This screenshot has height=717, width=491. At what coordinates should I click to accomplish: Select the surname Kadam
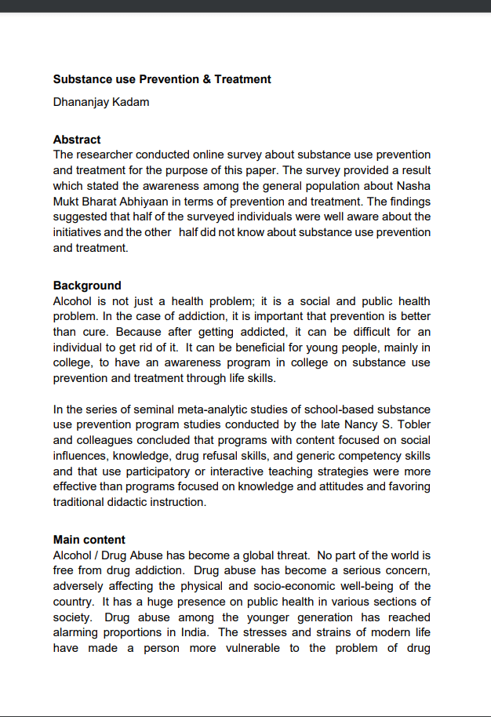click(x=131, y=102)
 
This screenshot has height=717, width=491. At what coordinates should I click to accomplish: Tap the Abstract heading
click(x=77, y=140)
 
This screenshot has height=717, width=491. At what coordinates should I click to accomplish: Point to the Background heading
click(x=87, y=286)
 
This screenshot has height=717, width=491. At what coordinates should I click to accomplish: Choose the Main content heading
click(x=89, y=540)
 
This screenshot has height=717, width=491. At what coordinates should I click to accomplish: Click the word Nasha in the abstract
click(x=413, y=186)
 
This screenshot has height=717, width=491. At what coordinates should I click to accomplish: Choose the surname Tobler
click(x=411, y=424)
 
